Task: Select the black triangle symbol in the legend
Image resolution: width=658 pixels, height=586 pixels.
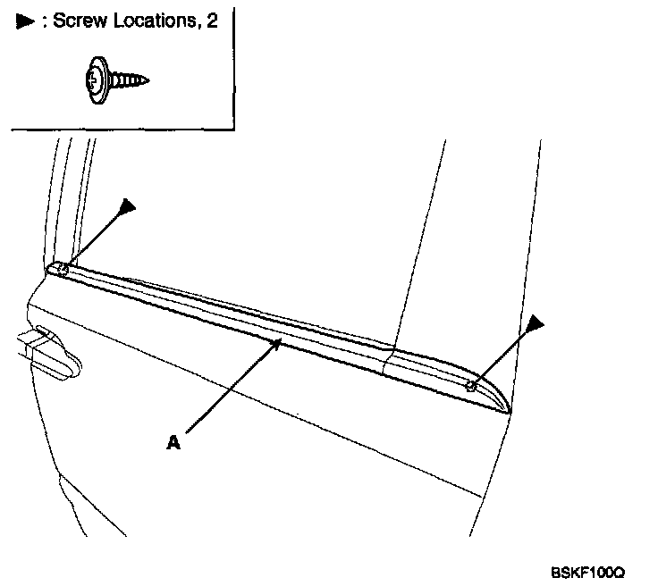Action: tap(22, 21)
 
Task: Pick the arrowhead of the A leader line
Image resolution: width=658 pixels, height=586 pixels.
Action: tap(279, 343)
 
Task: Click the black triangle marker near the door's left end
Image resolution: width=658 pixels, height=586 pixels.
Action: tap(127, 207)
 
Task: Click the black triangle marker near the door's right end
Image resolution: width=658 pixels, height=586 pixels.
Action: tap(536, 322)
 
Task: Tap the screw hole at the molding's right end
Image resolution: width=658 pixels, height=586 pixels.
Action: tap(470, 385)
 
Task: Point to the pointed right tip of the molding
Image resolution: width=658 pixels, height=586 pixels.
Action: tap(508, 411)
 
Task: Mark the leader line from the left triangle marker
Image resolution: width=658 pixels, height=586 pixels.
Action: tap(93, 238)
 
